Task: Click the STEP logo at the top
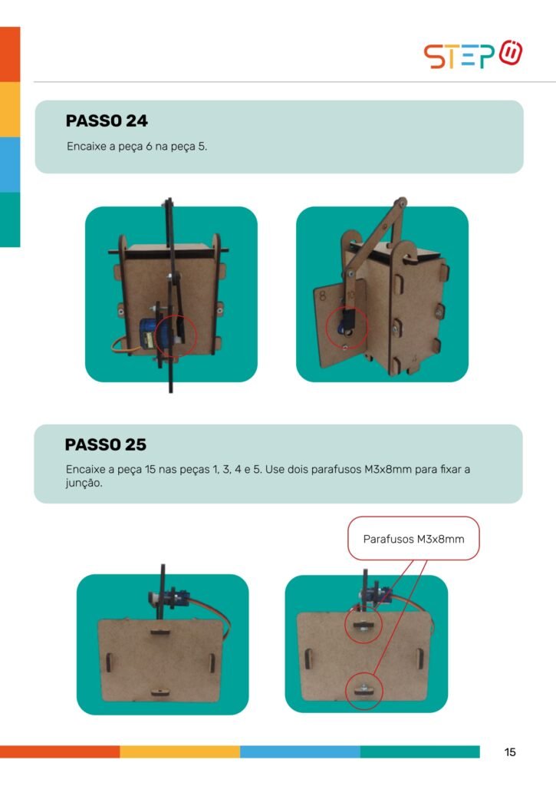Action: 473,54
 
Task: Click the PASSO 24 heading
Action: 107,121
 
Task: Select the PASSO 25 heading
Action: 106,444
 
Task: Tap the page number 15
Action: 510,752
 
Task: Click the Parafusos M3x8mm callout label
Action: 414,539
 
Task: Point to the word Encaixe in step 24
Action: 86,147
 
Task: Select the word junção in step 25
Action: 84,484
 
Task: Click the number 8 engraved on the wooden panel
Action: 323,296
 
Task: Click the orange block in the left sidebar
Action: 10,54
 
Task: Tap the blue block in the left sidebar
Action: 10,164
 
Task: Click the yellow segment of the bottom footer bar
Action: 179,751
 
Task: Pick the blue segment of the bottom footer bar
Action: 300,751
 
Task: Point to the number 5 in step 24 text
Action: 202,147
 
